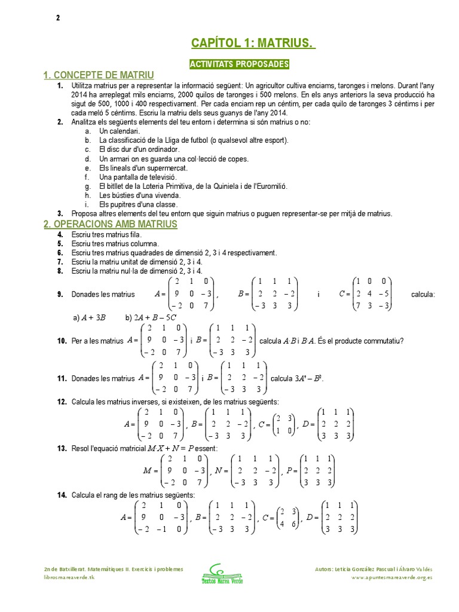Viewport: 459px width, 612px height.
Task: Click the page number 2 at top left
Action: pos(58,18)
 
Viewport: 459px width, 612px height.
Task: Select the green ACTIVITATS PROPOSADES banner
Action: pos(239,64)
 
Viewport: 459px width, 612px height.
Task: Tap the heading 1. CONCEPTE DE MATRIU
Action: pos(99,75)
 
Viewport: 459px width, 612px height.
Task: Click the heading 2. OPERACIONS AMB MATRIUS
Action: pos(111,224)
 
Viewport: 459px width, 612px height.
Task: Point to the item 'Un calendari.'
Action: pos(120,131)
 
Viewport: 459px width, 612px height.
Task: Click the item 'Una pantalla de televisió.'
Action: pos(137,177)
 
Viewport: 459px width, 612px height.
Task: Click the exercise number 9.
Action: pos(60,295)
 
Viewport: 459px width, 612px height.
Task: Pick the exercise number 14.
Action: pos(62,495)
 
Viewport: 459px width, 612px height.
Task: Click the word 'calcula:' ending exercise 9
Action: pos(423,295)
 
